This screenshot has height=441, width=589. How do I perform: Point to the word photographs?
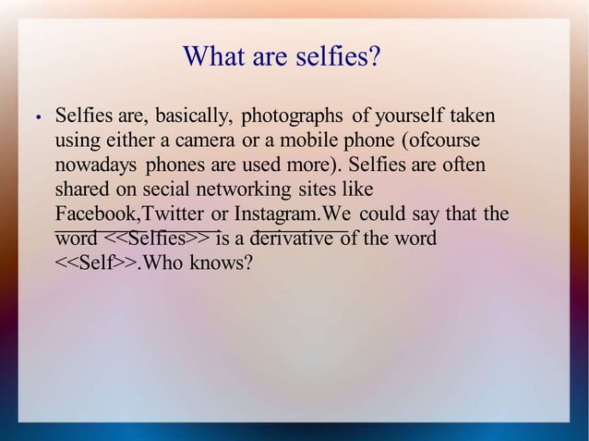[x=292, y=117]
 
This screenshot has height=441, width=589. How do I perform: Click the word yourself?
[x=411, y=117]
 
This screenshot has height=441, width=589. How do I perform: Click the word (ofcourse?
[x=442, y=141]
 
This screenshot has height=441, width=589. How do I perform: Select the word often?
[x=464, y=166]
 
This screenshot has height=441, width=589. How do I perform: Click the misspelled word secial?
[x=163, y=190]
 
